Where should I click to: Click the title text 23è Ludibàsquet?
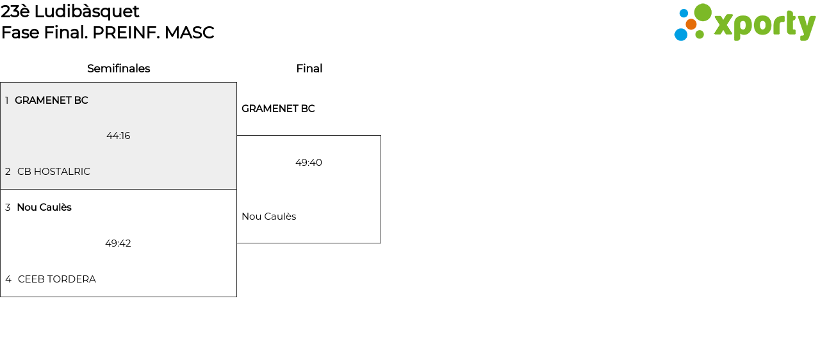tap(70, 12)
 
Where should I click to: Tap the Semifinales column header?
tap(119, 69)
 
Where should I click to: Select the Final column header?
tap(309, 69)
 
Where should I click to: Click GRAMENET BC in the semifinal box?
tap(51, 101)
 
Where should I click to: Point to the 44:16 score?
tap(119, 136)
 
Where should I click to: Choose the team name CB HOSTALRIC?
tap(54, 172)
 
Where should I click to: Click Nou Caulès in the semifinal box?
tap(44, 208)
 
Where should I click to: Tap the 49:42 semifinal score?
tap(118, 243)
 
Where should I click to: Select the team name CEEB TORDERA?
tap(57, 279)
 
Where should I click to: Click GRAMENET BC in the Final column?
tap(278, 109)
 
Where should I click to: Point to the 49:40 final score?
tap(309, 163)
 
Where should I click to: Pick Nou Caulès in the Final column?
tap(268, 217)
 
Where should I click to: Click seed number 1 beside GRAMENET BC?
tap(7, 101)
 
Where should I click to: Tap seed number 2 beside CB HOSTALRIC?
tap(8, 172)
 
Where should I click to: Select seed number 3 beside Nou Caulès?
tap(8, 208)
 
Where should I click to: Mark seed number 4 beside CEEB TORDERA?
tap(8, 279)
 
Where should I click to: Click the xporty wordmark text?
tap(764, 26)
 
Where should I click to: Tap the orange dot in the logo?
tap(691, 24)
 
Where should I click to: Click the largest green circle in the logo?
tap(703, 13)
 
